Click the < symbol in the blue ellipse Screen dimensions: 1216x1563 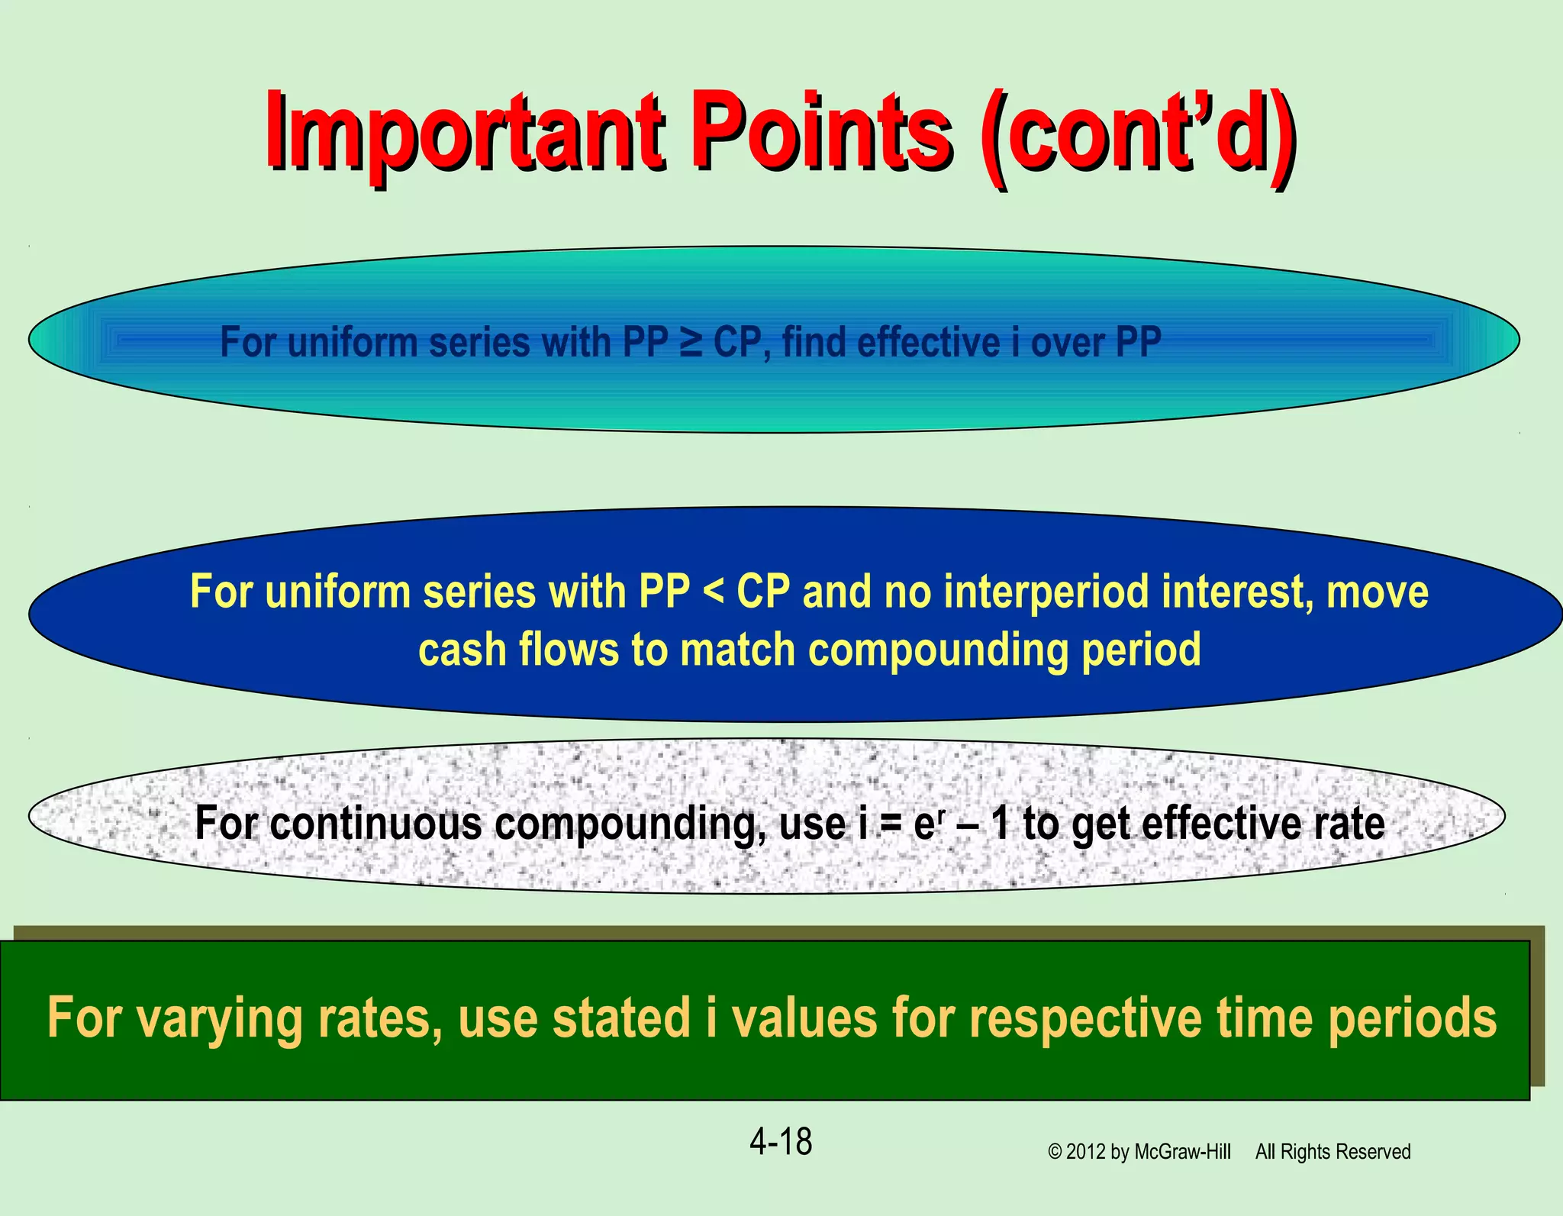tap(713, 592)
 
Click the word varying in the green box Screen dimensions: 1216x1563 tap(220, 1020)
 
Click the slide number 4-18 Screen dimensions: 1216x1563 tap(781, 1142)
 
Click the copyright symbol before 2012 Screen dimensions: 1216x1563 tap(1055, 1152)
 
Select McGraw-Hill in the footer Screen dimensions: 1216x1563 tap(1182, 1152)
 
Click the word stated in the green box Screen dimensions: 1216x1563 tap(620, 1018)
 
